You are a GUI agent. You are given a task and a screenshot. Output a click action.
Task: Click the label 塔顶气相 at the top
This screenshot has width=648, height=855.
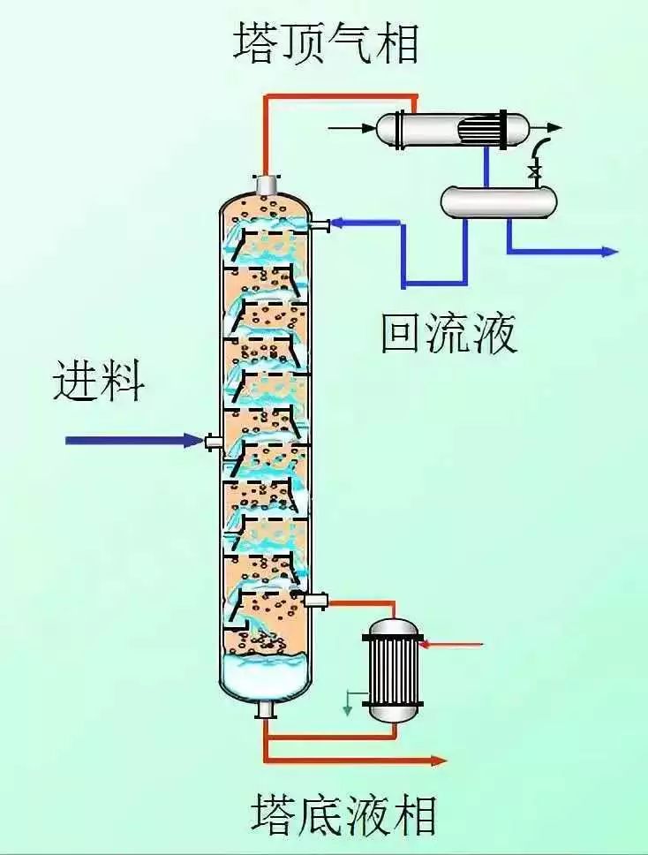click(x=325, y=42)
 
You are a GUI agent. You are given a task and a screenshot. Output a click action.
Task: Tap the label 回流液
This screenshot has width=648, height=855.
click(x=448, y=333)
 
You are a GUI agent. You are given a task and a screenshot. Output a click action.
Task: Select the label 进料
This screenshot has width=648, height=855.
click(x=98, y=382)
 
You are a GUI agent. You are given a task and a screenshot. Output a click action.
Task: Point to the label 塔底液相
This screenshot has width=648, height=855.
click(x=344, y=814)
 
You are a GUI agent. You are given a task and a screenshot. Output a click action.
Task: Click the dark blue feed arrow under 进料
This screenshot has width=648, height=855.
click(x=132, y=440)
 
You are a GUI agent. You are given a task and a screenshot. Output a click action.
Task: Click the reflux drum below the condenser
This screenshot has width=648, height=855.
click(x=499, y=201)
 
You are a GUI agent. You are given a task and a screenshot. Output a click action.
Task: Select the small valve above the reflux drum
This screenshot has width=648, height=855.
click(x=533, y=170)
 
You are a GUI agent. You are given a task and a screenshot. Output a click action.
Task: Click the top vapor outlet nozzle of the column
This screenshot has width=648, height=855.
click(x=266, y=184)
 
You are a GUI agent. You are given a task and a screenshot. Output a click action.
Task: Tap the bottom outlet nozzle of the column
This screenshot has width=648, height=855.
click(x=266, y=709)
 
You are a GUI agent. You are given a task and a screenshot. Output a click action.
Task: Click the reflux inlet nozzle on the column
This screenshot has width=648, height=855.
click(x=320, y=225)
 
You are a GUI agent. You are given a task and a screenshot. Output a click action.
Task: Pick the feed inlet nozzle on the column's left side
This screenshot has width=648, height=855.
click(x=213, y=441)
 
